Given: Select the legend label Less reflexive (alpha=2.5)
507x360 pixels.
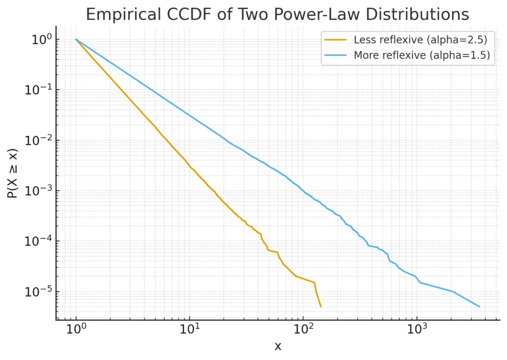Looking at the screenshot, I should click(x=420, y=40).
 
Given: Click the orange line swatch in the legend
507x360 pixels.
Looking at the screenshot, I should click(x=336, y=40).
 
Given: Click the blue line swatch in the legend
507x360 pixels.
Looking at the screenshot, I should click(x=336, y=55).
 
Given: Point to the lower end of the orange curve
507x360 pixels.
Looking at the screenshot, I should click(x=321, y=306).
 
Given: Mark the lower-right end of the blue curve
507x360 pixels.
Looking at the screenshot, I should click(x=479, y=306).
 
